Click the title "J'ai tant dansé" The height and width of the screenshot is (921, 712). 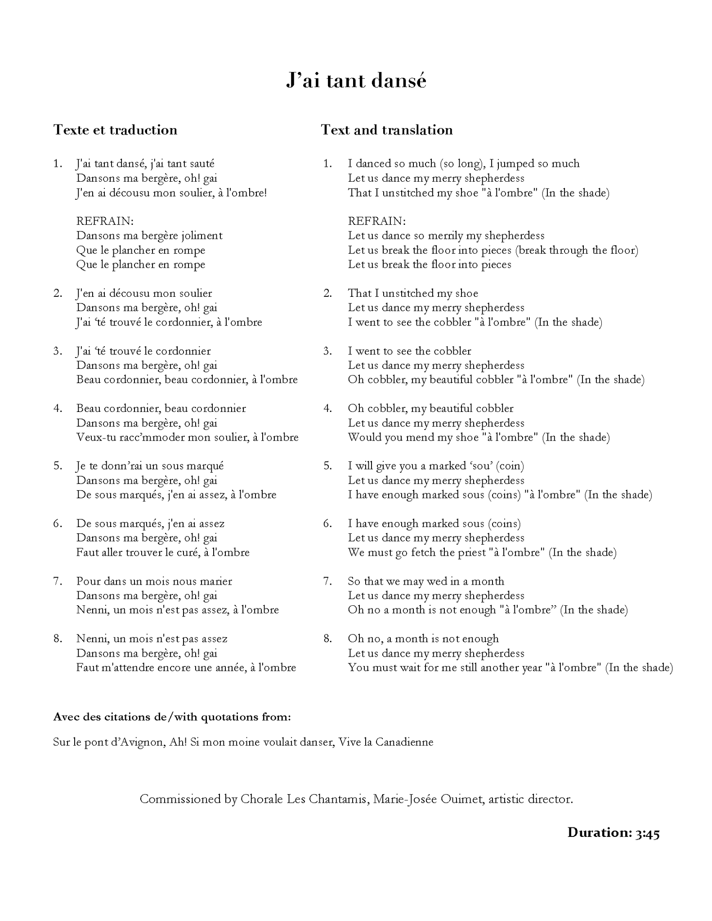[x=356, y=81]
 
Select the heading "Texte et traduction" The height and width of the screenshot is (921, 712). [x=115, y=130]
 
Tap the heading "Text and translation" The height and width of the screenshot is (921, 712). [x=387, y=130]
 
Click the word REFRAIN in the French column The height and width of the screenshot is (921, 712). [x=105, y=221]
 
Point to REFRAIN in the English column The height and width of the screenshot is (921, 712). [x=376, y=221]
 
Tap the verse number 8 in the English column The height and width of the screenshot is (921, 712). [x=327, y=639]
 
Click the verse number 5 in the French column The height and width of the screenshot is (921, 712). [x=58, y=466]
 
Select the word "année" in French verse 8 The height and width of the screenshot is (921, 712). [x=229, y=667]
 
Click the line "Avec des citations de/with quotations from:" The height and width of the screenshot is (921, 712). [x=172, y=717]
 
